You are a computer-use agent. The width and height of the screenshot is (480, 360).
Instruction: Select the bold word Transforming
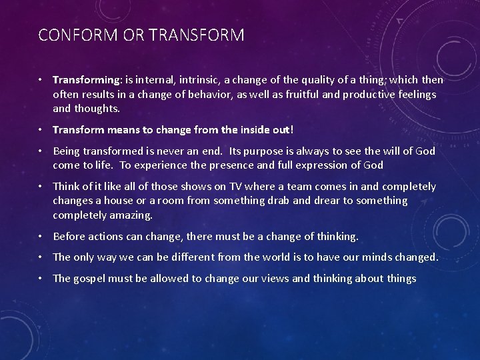84,80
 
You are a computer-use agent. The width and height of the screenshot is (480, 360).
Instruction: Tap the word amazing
130,215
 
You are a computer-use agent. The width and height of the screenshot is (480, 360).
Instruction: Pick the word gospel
91,279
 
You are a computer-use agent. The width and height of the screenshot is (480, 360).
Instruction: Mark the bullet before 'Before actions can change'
41,236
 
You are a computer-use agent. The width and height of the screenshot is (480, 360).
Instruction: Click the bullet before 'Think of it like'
41,187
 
